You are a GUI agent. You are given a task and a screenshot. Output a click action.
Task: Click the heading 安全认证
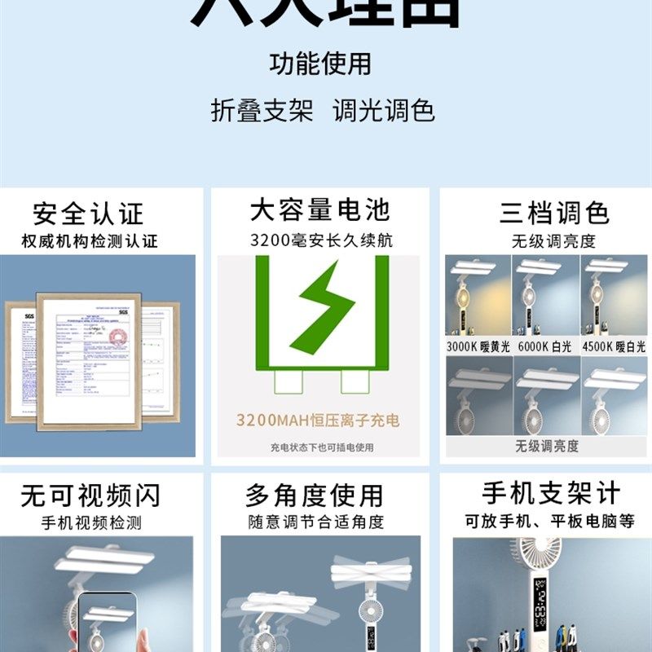pyautogui.click(x=88, y=214)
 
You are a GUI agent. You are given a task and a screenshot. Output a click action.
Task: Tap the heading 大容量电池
pyautogui.click(x=319, y=210)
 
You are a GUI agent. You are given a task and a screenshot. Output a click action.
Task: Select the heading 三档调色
pyautogui.click(x=554, y=214)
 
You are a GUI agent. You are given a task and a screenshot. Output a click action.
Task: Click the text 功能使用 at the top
pyautogui.click(x=320, y=64)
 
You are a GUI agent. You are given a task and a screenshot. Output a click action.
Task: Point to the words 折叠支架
pyautogui.click(x=262, y=111)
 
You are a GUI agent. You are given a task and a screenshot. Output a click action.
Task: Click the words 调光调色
pyautogui.click(x=383, y=111)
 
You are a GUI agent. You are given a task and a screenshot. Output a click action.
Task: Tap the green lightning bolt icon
pyautogui.click(x=321, y=306)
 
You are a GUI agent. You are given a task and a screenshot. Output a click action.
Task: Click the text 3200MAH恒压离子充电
pyautogui.click(x=318, y=421)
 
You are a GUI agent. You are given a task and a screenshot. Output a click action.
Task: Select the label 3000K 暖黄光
pyautogui.click(x=478, y=346)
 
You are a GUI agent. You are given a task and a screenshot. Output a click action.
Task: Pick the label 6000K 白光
pyautogui.click(x=545, y=346)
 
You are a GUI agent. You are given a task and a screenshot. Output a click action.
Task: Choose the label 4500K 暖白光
pyautogui.click(x=615, y=346)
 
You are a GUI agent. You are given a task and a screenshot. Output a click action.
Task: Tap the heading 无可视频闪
pyautogui.click(x=90, y=496)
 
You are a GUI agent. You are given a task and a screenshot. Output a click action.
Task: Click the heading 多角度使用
pyautogui.click(x=315, y=496)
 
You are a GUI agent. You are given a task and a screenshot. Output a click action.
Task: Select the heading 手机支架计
pyautogui.click(x=551, y=493)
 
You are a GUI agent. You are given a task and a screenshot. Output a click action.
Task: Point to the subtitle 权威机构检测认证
pyautogui.click(x=90, y=241)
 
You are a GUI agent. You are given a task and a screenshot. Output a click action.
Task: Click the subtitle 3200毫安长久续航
pyautogui.click(x=320, y=240)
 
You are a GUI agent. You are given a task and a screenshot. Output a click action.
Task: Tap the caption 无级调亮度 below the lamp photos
pyautogui.click(x=546, y=446)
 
